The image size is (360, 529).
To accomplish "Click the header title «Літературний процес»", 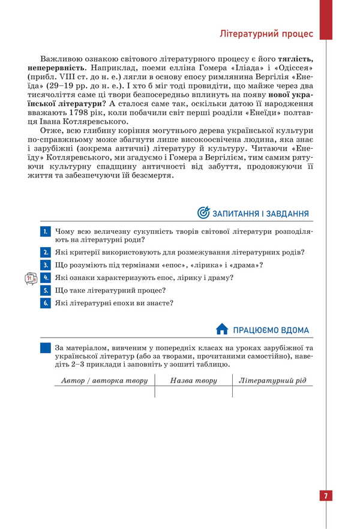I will coord(266,34).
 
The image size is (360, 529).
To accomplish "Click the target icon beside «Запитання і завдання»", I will coord(203,213).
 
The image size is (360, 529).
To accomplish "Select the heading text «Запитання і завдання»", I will coord(261,214).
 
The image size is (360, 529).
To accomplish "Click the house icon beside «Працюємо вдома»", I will coord(222,329).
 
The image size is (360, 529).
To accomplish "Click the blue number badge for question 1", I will coord(45,231).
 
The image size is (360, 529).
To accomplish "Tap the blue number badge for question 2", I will coord(45,252).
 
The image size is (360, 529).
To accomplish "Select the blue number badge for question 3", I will coord(45,265).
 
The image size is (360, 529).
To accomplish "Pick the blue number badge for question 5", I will coord(45,290).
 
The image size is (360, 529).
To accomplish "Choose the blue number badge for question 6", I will coord(45,303).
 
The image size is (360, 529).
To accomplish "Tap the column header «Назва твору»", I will coord(193,380).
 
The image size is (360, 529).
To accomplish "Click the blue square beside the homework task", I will coord(45,347).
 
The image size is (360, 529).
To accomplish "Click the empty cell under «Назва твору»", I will coord(193,392).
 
